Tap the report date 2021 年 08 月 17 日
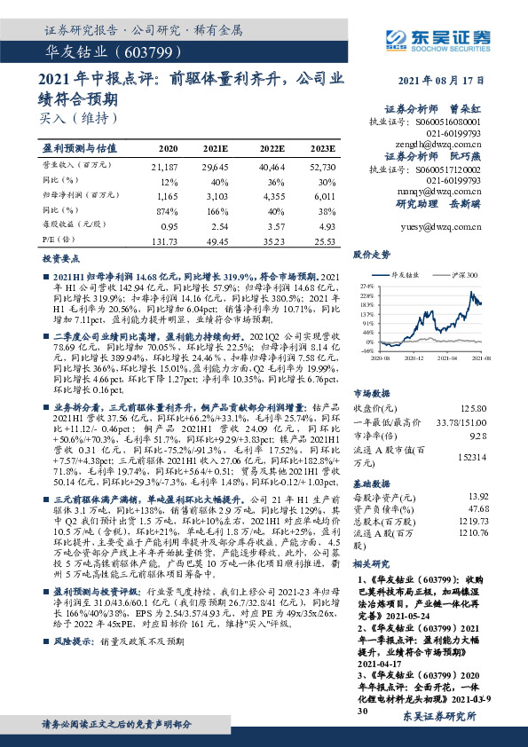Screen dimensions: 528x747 [439, 80]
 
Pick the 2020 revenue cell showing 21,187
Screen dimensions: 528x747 [166, 166]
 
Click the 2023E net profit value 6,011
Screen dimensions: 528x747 [324, 193]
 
